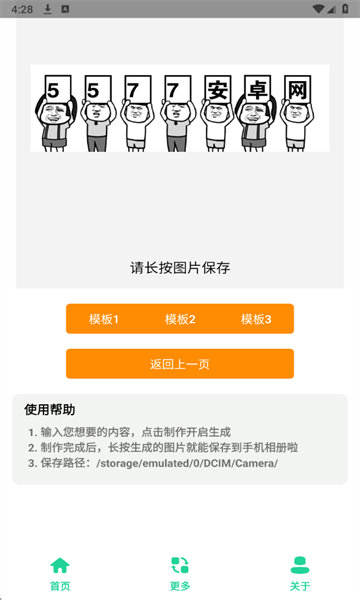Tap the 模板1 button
104,319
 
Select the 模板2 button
180,319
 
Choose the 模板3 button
256,319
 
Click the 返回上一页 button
180,364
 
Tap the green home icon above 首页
60,565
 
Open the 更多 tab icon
180,565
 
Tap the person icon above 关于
300,565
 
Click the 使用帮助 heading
50,409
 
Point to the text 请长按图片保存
180,267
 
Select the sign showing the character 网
296,90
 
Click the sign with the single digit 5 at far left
52,90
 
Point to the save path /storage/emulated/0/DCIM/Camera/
187,463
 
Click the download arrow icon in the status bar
47,8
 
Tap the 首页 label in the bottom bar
60,586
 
